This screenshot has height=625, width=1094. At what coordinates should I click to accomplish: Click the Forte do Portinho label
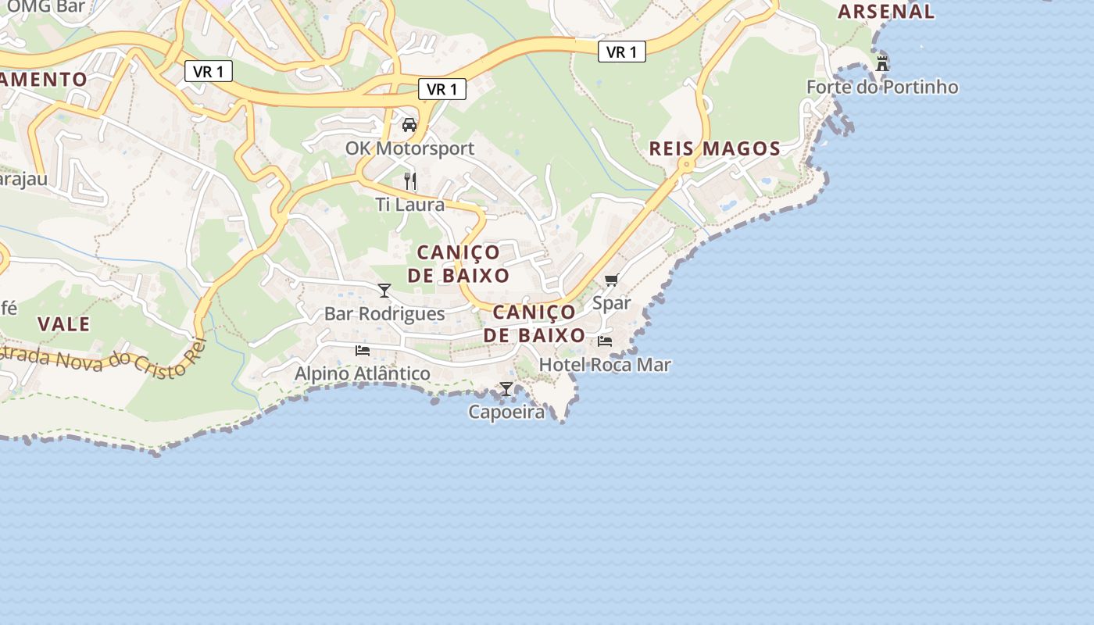(881, 87)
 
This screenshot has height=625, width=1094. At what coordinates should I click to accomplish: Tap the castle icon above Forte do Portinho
(882, 63)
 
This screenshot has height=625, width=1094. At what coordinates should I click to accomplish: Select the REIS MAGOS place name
(714, 148)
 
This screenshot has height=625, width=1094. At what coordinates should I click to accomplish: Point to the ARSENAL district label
(885, 11)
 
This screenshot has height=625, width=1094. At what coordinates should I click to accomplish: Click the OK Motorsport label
(409, 148)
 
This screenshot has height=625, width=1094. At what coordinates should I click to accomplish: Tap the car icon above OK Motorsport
(409, 124)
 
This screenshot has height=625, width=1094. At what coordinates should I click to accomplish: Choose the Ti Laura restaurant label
(409, 205)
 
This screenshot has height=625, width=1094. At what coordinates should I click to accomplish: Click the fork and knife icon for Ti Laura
(410, 181)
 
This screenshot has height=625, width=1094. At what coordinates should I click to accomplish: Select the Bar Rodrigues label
(384, 314)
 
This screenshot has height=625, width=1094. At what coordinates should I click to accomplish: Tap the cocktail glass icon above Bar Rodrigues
(384, 291)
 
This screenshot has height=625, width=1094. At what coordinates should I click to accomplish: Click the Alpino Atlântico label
(362, 373)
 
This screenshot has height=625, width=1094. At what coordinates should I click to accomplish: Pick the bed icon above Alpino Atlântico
(363, 350)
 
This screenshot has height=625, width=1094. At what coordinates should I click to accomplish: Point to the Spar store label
(611, 303)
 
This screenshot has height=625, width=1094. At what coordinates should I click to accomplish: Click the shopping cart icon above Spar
(611, 280)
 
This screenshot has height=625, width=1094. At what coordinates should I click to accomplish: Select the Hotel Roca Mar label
(605, 365)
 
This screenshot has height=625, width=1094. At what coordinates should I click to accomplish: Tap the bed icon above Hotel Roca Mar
(605, 341)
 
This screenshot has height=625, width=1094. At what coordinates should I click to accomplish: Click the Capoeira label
(506, 412)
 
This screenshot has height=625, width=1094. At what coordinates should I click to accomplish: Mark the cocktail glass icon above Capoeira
(506, 388)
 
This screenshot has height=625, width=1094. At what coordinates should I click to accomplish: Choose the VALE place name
(64, 324)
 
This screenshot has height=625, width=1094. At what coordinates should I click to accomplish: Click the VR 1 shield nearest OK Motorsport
(442, 90)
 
